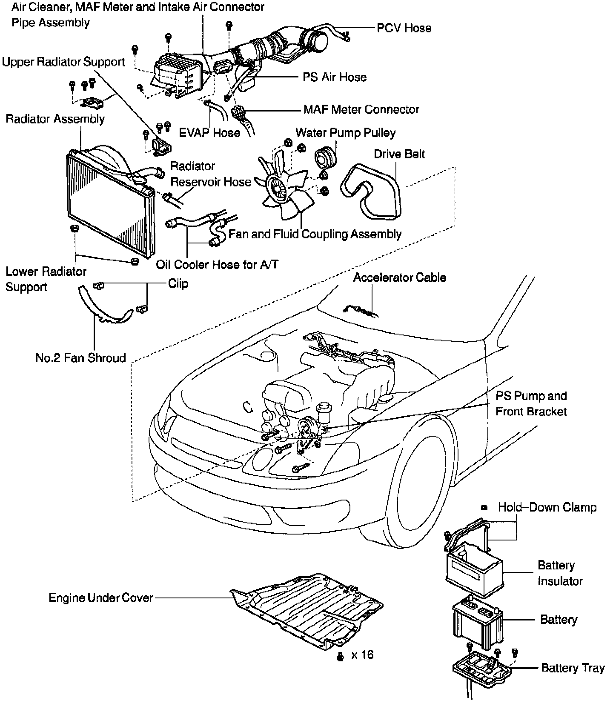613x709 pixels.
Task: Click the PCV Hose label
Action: tap(404, 28)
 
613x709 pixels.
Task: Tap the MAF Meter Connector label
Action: tap(361, 110)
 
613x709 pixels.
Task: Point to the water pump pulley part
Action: tap(326, 157)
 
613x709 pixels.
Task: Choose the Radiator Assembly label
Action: tap(55, 119)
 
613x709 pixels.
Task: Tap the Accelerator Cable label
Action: tap(399, 277)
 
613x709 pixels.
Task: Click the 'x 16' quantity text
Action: tap(362, 655)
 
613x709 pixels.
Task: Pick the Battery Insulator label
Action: tap(560, 573)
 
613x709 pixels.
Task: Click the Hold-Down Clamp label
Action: tap(547, 507)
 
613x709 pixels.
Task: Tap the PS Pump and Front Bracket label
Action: tap(531, 403)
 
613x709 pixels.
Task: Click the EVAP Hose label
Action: tap(209, 133)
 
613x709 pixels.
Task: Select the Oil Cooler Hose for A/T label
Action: tap(217, 265)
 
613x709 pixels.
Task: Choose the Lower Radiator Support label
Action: tap(46, 279)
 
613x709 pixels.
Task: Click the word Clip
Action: tap(178, 283)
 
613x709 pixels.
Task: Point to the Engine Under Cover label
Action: tap(101, 598)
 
